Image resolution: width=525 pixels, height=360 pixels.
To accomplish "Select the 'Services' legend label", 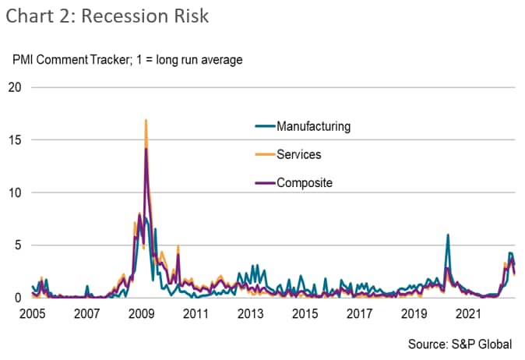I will (299, 154).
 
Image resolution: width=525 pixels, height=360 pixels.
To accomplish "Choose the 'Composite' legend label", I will (305, 183).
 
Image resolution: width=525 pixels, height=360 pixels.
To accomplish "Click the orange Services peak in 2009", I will (146, 121).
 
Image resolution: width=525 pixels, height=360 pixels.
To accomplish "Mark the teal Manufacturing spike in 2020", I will (448, 235).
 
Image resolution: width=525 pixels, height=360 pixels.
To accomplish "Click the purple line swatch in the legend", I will (266, 183).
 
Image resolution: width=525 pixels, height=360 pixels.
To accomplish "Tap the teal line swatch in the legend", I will (266, 126).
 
